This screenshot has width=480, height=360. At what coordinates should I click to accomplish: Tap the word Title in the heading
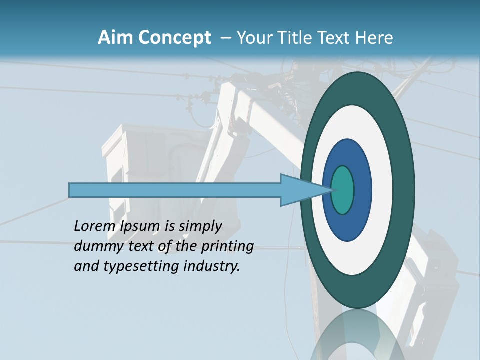(296, 38)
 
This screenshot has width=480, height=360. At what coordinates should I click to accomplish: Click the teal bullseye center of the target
(342, 190)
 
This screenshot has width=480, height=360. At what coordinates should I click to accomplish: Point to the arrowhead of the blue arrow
(300, 190)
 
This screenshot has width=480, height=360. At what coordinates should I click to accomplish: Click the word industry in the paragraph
(212, 266)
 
